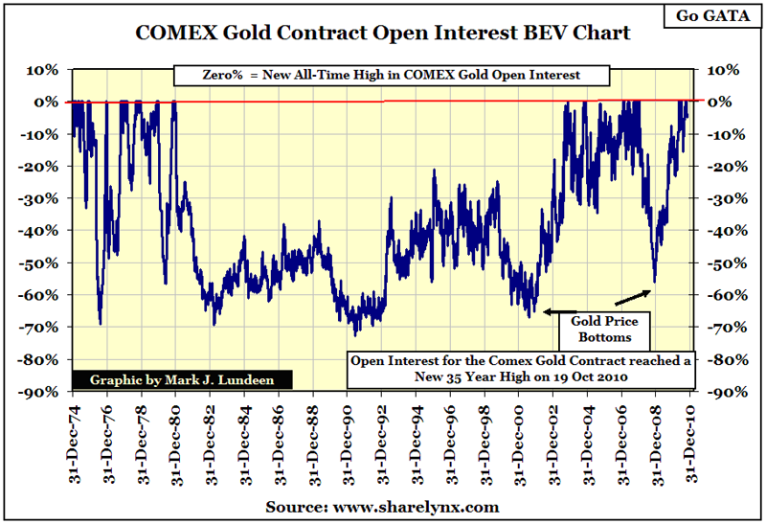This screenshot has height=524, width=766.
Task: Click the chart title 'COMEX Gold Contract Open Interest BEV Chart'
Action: click(x=383, y=34)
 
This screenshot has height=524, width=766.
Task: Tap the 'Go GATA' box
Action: click(x=720, y=15)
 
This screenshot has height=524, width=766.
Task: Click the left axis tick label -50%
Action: click(x=43, y=262)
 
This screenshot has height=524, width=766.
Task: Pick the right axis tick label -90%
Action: click(x=723, y=392)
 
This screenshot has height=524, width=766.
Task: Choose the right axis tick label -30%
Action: click(x=723, y=198)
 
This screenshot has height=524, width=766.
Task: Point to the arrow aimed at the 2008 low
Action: click(x=633, y=289)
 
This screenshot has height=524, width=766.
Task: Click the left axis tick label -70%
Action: click(x=43, y=327)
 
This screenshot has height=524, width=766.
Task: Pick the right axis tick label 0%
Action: click(x=724, y=102)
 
